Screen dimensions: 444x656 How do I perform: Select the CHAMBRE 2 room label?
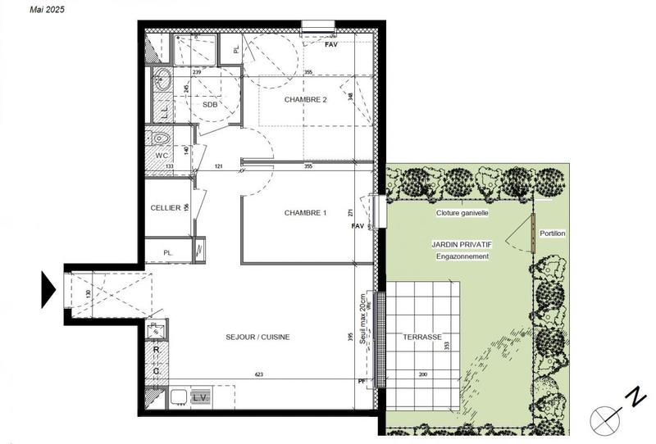point(305,99)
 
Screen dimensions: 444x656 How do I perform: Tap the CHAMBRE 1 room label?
point(305,213)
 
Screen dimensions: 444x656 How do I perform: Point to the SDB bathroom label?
point(210,105)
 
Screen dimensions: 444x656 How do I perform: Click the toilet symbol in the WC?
point(160,138)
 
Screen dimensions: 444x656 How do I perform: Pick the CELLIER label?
point(166,208)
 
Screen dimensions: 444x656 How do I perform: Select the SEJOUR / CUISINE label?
point(258,337)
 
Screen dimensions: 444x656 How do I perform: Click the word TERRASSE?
point(422,337)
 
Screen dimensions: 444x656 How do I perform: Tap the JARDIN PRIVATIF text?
point(463,245)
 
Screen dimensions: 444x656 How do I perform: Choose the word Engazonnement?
point(463,256)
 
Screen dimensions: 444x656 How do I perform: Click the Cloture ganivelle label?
point(462,212)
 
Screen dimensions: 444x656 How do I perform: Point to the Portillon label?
point(552,233)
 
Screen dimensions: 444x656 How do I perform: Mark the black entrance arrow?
point(48,288)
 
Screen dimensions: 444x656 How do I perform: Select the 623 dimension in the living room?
point(258,374)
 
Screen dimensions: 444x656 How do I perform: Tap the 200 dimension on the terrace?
point(422,374)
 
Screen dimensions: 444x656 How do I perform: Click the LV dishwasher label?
point(198,397)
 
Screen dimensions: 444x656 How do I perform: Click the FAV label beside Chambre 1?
point(357,225)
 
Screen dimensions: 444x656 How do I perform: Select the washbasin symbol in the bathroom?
point(162,81)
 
